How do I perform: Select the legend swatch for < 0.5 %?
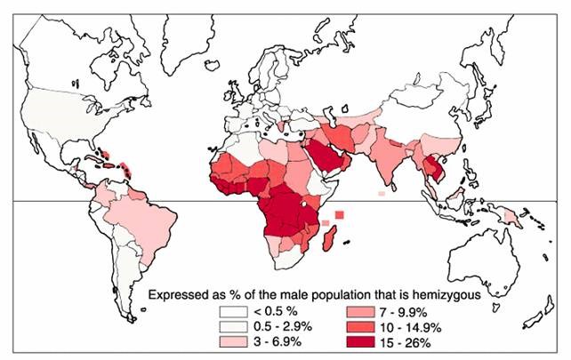coord(233,312)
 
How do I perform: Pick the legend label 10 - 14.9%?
coord(382,327)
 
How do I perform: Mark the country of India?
coord(391,156)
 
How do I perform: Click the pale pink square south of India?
coord(382,192)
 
